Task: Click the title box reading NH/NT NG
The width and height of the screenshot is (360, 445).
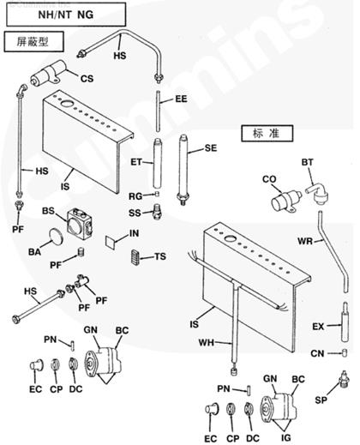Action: (x=66, y=15)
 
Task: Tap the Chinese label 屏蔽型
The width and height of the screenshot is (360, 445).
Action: (x=33, y=42)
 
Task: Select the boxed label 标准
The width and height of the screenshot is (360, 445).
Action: (x=267, y=133)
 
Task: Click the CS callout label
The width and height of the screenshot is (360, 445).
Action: (x=87, y=78)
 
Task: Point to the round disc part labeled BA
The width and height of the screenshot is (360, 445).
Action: (x=56, y=236)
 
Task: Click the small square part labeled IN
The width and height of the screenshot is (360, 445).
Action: (x=111, y=242)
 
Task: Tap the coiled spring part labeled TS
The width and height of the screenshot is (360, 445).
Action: (x=135, y=257)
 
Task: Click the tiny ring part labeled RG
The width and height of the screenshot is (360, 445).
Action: (x=157, y=195)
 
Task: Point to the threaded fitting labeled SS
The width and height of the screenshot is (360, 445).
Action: (x=157, y=212)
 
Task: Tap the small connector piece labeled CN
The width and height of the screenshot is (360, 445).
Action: (x=345, y=353)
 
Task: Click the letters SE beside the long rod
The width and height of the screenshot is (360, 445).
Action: (x=211, y=148)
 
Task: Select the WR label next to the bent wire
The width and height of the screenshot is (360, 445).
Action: (x=305, y=241)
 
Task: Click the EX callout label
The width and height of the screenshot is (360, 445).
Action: (x=318, y=326)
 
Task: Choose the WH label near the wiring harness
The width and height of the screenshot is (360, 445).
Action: (x=207, y=342)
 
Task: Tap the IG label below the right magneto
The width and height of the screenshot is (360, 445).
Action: (x=285, y=437)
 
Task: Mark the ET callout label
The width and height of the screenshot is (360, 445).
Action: (x=136, y=162)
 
